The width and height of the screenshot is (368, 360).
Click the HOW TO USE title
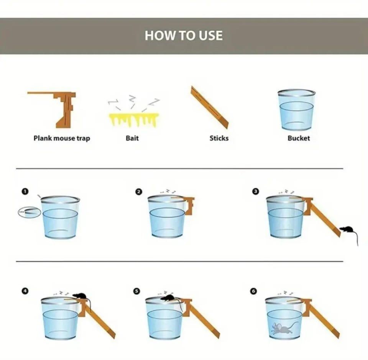coord(184,35)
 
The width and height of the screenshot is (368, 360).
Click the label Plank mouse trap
coord(62,138)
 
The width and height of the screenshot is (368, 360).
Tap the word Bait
coord(132,138)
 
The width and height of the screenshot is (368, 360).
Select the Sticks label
coord(219,138)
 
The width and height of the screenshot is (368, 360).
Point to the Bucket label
coord(299,138)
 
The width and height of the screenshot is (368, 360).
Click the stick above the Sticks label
coord(209,107)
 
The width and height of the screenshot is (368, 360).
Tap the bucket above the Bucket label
coord(296,110)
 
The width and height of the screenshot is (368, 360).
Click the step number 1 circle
coord(25,191)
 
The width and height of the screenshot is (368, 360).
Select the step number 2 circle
coord(139,192)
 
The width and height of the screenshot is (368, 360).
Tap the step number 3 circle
coord(256,191)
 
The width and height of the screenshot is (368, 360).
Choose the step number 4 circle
coord(25,291)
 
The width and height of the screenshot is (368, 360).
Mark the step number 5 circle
coord(136,291)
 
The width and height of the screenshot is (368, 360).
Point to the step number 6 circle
coord(253,291)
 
